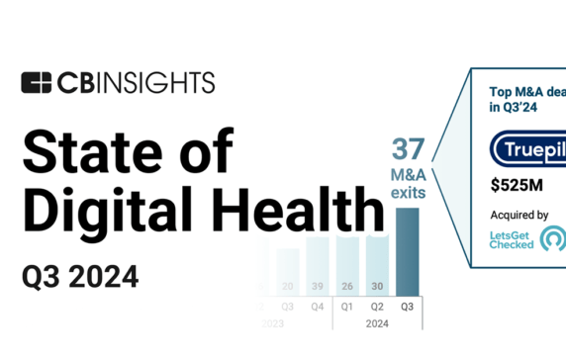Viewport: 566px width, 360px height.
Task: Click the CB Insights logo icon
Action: tap(36, 82)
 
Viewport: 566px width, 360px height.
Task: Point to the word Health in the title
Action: tap(302, 210)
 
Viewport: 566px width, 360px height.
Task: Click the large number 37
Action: tap(408, 150)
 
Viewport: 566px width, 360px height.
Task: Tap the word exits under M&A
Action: tap(408, 193)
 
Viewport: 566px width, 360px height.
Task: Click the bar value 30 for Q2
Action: tap(376, 287)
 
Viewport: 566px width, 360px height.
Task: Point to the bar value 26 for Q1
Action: tap(346, 287)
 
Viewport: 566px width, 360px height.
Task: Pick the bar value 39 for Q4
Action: tap(317, 287)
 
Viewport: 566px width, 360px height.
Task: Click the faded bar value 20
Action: tap(288, 287)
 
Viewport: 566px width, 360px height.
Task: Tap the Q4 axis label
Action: tap(317, 306)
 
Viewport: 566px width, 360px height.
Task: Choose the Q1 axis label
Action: tap(346, 306)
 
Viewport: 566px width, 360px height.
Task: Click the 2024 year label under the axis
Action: tap(376, 321)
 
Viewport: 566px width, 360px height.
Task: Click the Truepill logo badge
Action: tap(528, 149)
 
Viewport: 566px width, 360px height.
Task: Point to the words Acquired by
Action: tap(519, 215)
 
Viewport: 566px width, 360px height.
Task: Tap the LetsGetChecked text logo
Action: tap(513, 240)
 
